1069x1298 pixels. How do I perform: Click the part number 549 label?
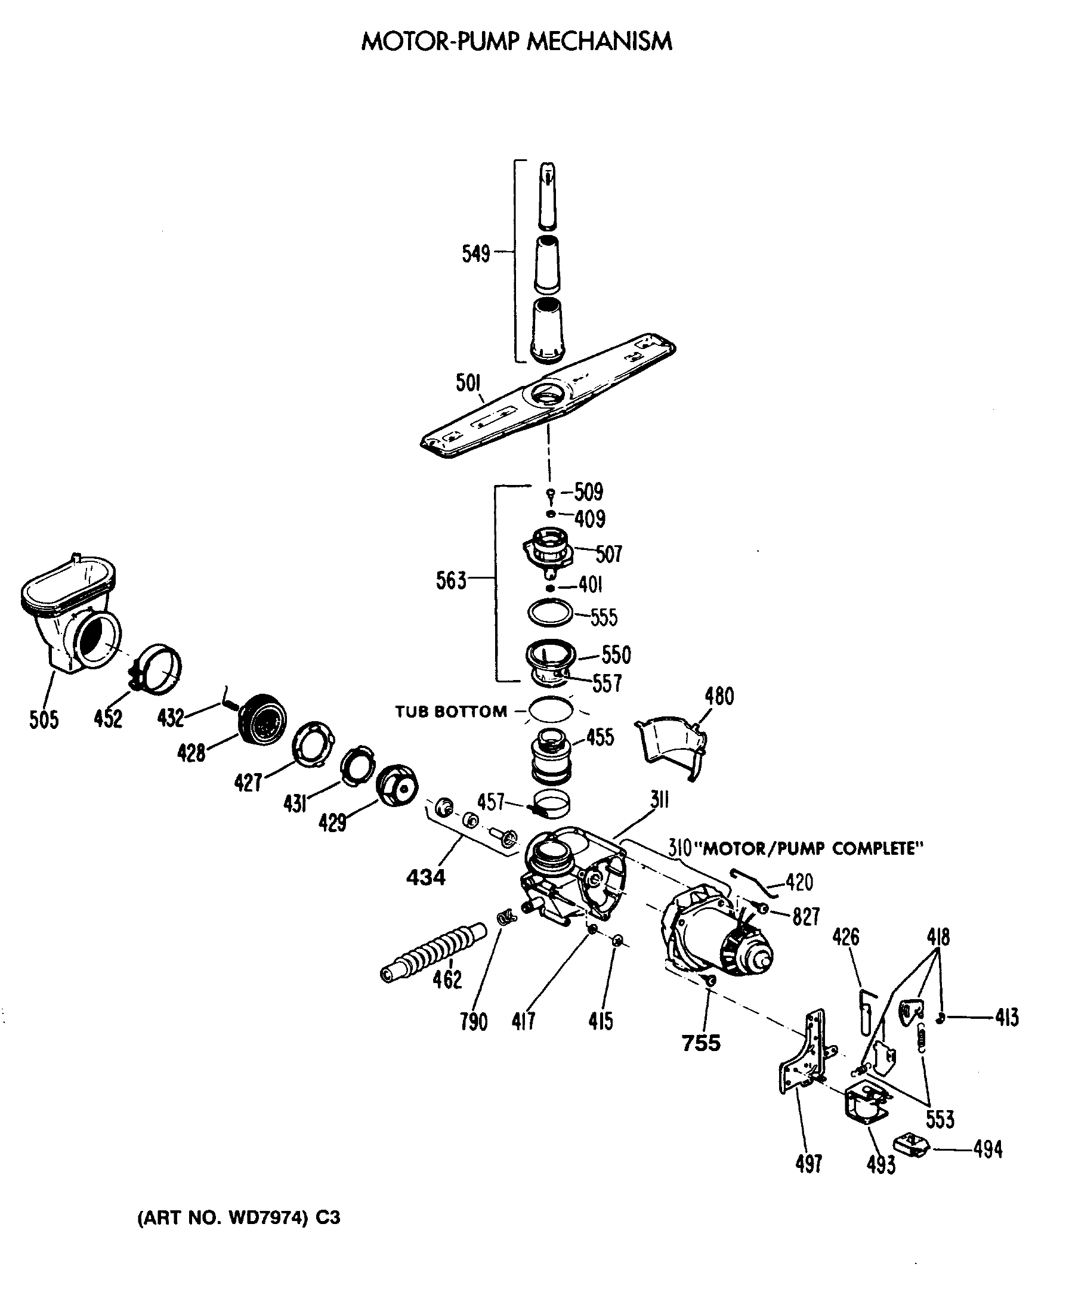pyautogui.click(x=475, y=253)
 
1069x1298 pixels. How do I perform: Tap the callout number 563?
pyautogui.click(x=451, y=580)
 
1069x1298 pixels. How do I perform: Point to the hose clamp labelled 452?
pyautogui.click(x=158, y=667)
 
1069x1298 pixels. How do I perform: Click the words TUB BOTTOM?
pyautogui.click(x=451, y=712)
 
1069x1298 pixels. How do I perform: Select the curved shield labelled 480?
pyautogui.click(x=671, y=746)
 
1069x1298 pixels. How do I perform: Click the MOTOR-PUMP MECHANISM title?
pyautogui.click(x=516, y=41)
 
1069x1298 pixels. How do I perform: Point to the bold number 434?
pyautogui.click(x=425, y=877)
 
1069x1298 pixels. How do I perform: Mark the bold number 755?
pyautogui.click(x=701, y=1043)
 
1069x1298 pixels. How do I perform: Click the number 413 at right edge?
pyautogui.click(x=1006, y=1018)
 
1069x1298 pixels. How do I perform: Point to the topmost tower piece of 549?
pyautogui.click(x=547, y=196)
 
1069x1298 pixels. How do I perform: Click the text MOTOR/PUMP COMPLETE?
pyautogui.click(x=813, y=848)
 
